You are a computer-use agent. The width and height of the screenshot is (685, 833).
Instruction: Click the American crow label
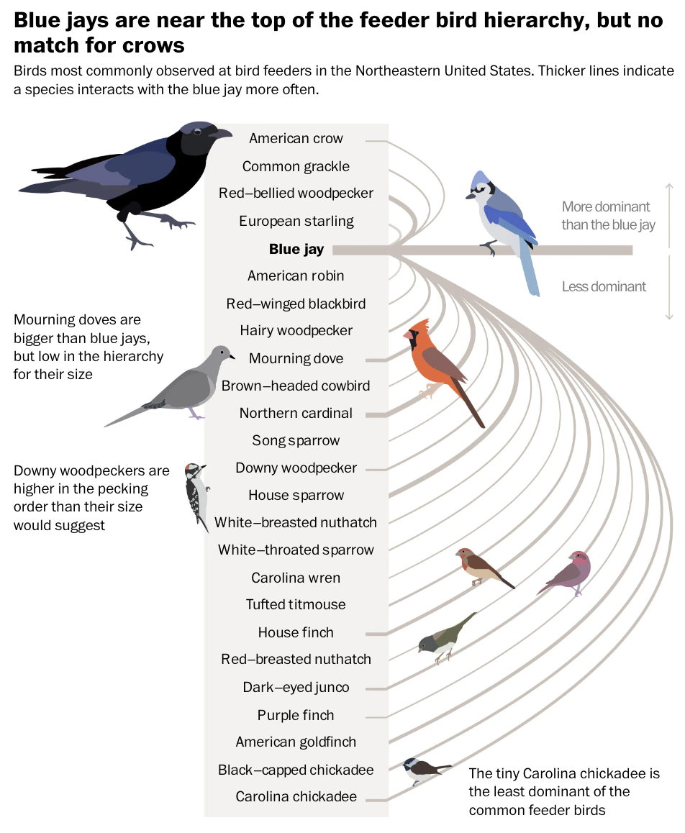[296, 138]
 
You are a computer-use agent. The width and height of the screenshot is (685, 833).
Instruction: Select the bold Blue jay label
[296, 250]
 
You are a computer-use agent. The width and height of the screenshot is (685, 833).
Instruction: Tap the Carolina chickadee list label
[296, 796]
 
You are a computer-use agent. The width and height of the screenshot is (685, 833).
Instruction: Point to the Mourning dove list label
[296, 358]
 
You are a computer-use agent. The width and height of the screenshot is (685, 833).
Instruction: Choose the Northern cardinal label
[296, 413]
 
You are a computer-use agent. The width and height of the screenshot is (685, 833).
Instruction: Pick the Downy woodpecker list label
[296, 468]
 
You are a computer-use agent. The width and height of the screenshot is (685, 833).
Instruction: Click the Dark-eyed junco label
[296, 687]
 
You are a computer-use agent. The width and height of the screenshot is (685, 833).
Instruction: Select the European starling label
[296, 221]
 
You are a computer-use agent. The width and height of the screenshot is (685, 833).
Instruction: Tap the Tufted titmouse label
[296, 604]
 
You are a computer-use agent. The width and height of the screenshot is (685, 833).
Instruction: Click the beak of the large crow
[222, 133]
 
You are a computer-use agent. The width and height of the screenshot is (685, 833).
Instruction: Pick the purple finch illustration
[568, 572]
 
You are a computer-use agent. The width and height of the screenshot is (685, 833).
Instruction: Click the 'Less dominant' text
[604, 286]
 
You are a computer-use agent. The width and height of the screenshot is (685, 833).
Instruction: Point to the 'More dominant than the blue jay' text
[608, 216]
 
